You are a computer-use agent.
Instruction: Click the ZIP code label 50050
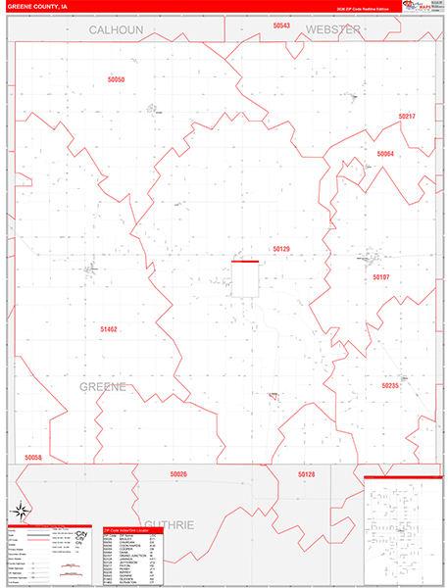coord(117,78)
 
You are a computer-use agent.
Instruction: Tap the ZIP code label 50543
coord(282,25)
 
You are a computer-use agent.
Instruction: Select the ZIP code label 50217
coord(408,117)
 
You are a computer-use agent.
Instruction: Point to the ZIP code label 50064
coord(385,154)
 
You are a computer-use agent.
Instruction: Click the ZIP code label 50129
coord(282,249)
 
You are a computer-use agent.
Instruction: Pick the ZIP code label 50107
coord(381,277)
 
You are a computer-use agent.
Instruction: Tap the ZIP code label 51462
coord(109,329)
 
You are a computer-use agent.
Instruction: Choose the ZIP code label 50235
coord(390,385)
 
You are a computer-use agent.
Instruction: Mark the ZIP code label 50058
coord(33,458)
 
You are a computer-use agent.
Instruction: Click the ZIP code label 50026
coord(178,474)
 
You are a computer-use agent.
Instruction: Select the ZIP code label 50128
coord(307,474)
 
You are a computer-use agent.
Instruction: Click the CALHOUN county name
coord(116,30)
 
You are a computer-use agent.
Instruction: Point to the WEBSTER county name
coord(333,30)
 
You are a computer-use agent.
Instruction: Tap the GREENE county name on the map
coord(103,387)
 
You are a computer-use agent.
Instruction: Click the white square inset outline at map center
coord(245,279)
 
